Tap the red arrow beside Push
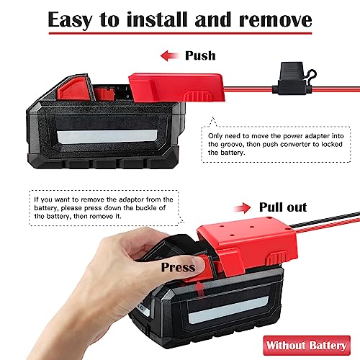(168, 55)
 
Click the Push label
(200, 55)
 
